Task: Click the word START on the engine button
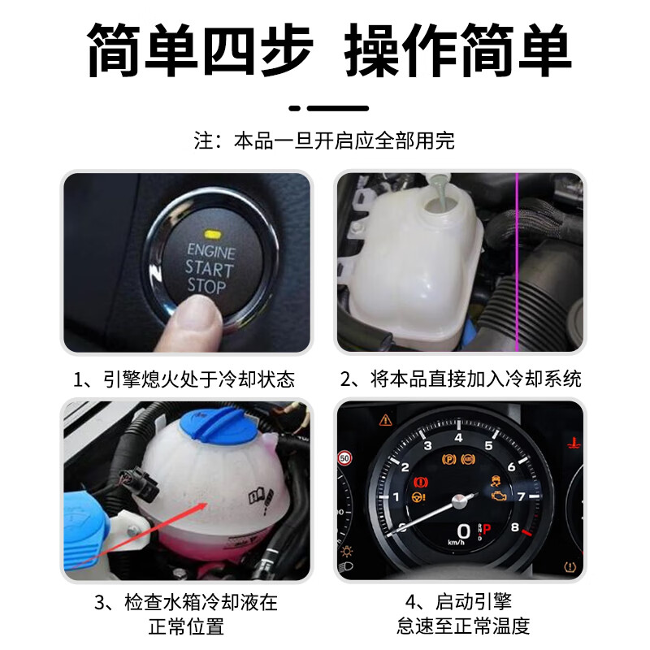(210, 267)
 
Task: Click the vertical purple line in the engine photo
(518, 260)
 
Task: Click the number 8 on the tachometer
(514, 526)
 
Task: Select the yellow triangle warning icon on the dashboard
(385, 420)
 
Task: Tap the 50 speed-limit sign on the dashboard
(344, 458)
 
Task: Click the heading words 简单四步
(199, 50)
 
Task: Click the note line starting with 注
(324, 140)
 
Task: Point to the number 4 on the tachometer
(458, 438)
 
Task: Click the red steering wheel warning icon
(421, 495)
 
